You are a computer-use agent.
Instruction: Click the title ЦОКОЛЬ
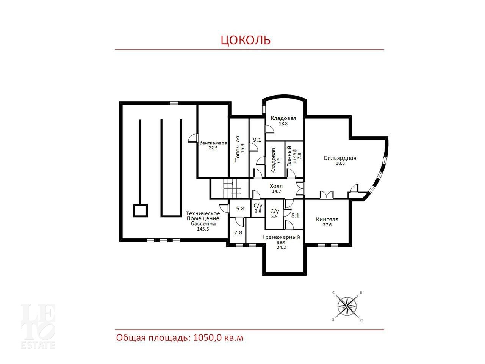click(246, 40)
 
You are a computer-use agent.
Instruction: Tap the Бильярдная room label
click(340, 158)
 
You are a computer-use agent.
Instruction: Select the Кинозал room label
click(327, 220)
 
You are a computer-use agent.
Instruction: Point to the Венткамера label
click(213, 143)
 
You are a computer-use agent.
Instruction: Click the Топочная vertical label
click(238, 149)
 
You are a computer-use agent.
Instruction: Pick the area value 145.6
click(203, 229)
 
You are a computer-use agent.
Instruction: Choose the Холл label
click(276, 186)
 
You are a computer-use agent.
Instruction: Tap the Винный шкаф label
click(292, 156)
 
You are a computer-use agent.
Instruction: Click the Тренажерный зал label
click(281, 240)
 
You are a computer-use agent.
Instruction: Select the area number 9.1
click(257, 140)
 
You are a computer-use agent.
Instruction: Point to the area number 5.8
click(240, 209)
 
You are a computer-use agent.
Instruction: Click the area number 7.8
click(238, 232)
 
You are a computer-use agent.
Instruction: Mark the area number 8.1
click(295, 215)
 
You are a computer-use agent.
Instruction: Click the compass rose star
click(347, 306)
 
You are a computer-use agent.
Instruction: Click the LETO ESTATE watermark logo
click(38, 326)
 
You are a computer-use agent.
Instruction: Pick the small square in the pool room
click(140, 210)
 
